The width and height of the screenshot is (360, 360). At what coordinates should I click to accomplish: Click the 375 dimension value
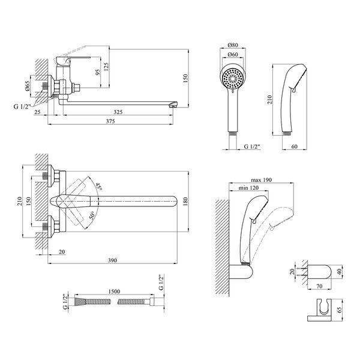point(110,121)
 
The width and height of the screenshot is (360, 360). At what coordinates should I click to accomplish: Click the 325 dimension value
point(118,112)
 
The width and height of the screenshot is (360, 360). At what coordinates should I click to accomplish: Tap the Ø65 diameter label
point(28,86)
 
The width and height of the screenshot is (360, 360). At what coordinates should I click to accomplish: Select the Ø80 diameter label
point(233,45)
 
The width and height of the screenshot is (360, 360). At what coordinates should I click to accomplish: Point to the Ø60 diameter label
point(233,55)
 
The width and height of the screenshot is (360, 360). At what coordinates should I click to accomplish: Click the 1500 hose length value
point(114,292)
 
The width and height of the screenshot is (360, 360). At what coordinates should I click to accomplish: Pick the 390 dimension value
point(113,260)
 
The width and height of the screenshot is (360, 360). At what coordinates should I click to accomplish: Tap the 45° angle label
point(99,187)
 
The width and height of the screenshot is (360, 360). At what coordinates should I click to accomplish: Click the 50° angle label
point(92,216)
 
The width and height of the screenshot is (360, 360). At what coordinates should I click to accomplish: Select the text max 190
point(261,179)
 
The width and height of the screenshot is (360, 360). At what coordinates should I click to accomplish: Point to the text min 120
point(248,188)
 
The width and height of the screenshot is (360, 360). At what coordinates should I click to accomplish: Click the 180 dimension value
point(185,201)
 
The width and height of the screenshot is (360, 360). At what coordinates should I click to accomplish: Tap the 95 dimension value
point(98,73)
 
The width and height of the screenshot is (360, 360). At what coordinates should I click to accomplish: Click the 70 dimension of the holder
point(319,286)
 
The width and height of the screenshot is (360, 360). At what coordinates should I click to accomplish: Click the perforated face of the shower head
point(233,79)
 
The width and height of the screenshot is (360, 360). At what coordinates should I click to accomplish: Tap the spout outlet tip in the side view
point(172,105)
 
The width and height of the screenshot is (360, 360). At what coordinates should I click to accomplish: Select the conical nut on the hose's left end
point(78,301)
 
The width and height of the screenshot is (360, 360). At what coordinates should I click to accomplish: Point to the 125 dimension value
point(106,67)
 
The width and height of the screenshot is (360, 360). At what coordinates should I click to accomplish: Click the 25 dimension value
point(37,112)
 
